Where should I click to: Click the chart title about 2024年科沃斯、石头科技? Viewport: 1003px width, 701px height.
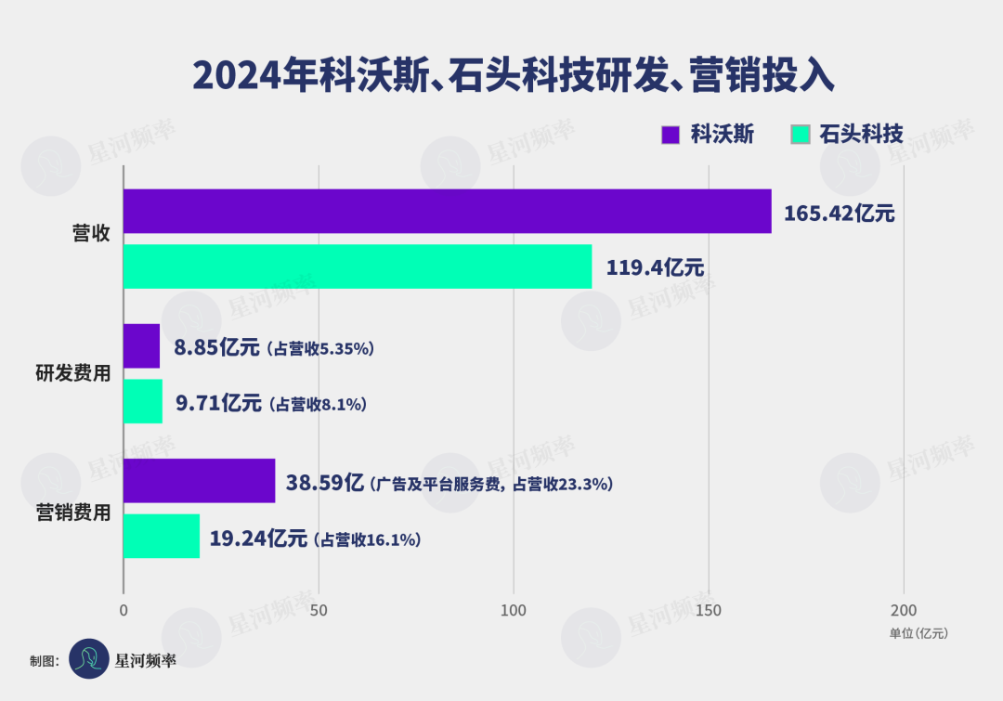tap(514, 75)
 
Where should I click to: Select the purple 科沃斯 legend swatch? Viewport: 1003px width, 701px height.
tap(671, 135)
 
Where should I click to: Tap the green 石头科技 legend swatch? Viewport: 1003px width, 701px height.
tap(800, 135)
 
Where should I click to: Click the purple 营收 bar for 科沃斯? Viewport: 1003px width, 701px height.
tap(447, 211)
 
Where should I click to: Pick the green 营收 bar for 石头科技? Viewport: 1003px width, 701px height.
tap(358, 266)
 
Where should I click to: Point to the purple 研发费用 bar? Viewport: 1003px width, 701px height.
tap(141, 345)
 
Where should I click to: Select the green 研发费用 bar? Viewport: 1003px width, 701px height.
tap(143, 401)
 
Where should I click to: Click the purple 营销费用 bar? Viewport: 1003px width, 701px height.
tap(199, 481)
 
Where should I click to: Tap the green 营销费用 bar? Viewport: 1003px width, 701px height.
tap(162, 536)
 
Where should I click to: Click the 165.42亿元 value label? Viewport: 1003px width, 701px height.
tap(839, 214)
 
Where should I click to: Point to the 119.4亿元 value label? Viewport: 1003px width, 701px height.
tap(655, 268)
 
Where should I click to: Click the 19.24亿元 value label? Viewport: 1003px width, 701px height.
tap(257, 539)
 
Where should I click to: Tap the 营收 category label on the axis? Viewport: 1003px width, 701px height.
tap(91, 233)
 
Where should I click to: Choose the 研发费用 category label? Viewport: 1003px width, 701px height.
tap(73, 373)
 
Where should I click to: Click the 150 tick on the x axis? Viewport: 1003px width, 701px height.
tap(709, 610)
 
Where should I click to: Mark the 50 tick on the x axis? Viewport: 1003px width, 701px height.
tap(319, 610)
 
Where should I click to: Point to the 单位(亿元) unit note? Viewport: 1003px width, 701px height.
tap(918, 633)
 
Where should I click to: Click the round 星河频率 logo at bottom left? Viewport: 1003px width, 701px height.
tap(89, 658)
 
